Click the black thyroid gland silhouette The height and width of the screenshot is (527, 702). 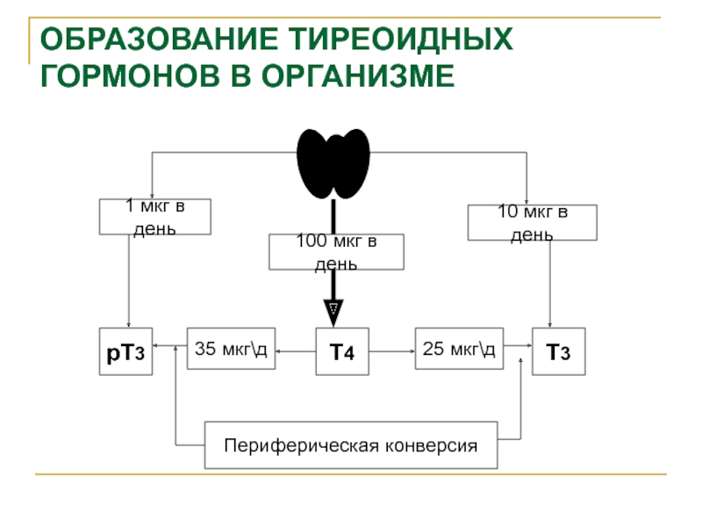tap(333, 163)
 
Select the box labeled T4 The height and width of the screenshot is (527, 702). tap(342, 351)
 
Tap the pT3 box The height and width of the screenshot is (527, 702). tap(125, 351)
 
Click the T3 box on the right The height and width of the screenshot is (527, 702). tap(559, 351)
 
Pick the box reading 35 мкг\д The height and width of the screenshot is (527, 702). tap(231, 349)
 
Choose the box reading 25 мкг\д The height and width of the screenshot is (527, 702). tap(459, 349)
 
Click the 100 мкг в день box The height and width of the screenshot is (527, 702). tap(336, 252)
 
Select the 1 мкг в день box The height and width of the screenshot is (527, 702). tap(155, 217)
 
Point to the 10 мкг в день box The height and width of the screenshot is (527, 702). tap(533, 223)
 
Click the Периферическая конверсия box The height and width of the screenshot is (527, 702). tap(351, 445)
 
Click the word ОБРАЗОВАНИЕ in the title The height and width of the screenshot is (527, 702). tap(160, 39)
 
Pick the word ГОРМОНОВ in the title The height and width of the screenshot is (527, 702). tap(130, 76)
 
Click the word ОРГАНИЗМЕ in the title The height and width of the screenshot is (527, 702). tap(358, 76)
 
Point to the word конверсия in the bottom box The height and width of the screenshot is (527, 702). tap(432, 446)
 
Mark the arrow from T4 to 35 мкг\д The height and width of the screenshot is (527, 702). tap(296, 351)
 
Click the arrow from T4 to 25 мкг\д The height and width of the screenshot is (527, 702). tap(392, 351)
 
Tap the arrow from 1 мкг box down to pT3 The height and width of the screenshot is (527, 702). tap(129, 281)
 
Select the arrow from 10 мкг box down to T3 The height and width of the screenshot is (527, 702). tap(550, 284)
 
